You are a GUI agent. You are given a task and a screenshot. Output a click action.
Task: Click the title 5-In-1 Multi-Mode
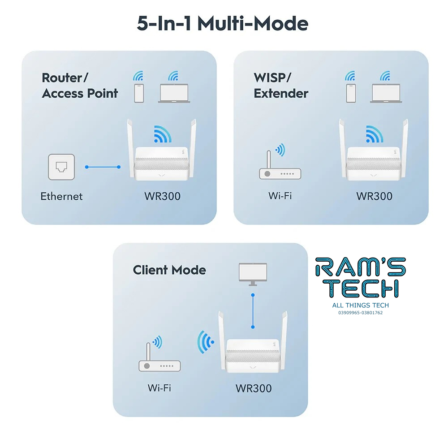223,24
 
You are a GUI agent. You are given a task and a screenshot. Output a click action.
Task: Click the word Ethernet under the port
61,196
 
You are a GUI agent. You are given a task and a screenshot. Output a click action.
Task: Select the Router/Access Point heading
80,86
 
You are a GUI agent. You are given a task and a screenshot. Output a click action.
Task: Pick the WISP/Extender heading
281,86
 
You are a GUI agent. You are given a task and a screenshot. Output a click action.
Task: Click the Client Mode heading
169,270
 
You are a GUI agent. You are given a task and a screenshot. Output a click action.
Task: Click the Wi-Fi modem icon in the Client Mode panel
159,363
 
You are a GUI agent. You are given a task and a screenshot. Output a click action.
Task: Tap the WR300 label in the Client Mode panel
254,388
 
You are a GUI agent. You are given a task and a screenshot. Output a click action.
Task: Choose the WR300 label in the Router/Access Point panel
162,196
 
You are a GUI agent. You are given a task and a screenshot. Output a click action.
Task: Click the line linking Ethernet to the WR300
103,167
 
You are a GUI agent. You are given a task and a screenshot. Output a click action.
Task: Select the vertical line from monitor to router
253,310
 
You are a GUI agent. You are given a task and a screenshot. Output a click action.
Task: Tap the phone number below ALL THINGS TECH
360,313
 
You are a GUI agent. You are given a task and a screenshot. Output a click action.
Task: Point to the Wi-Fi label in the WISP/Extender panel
280,196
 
